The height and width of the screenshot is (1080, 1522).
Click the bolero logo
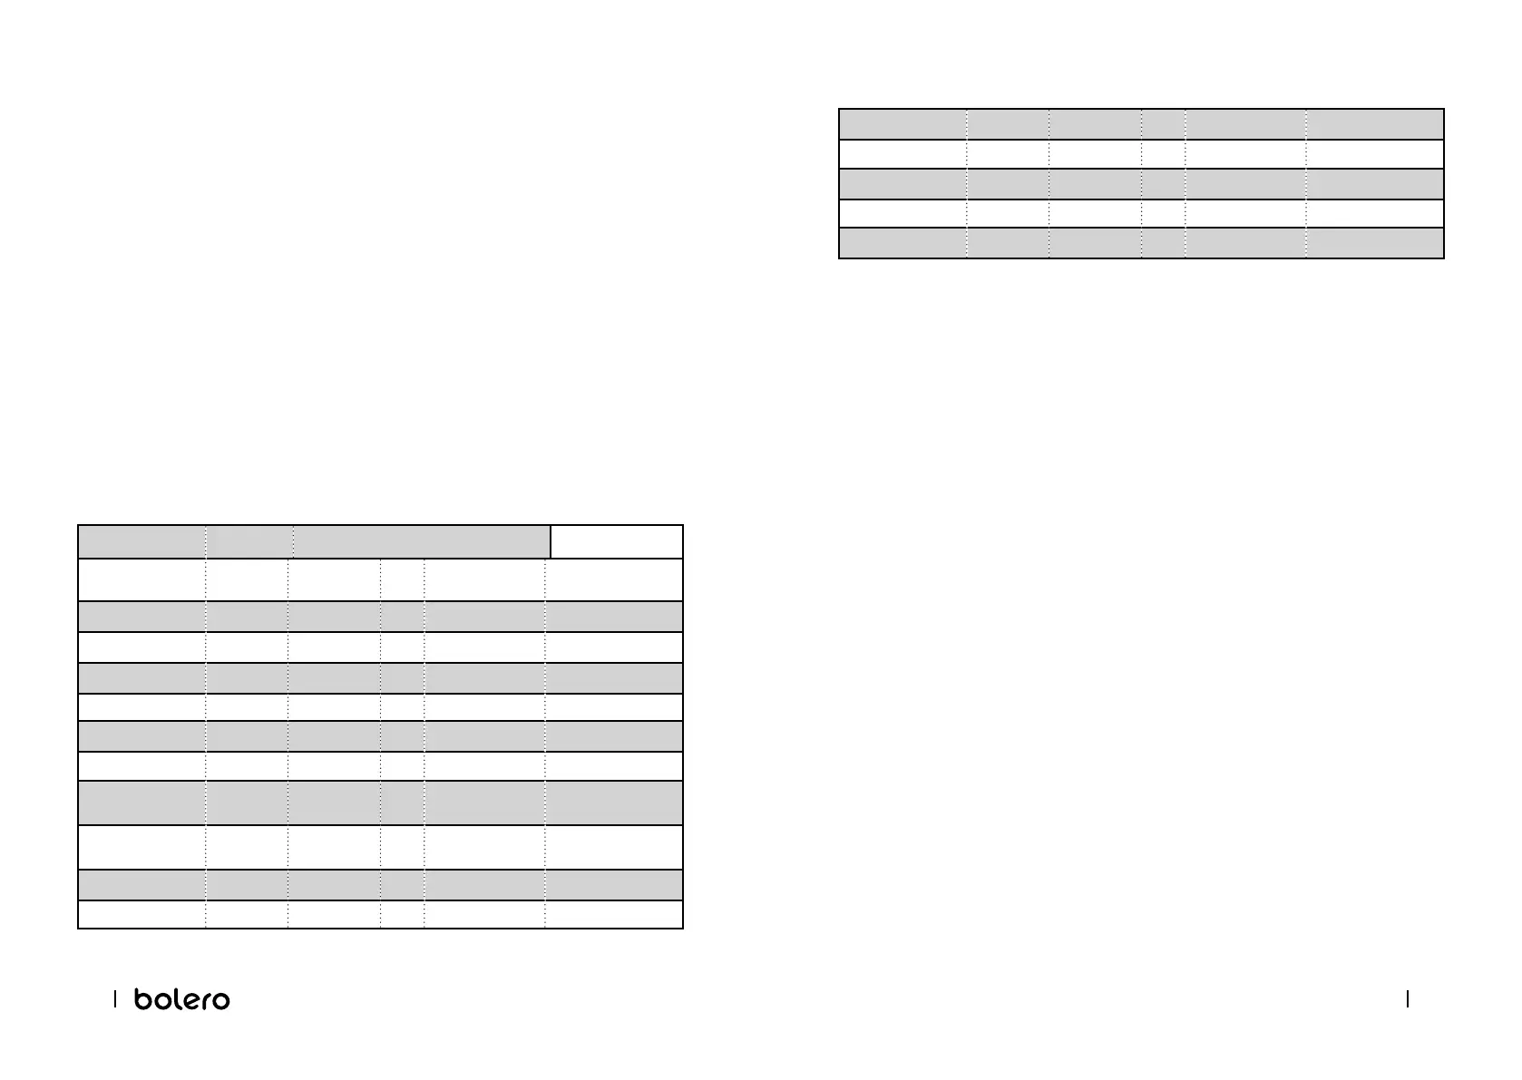[181, 999]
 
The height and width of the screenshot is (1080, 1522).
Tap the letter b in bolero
[142, 999]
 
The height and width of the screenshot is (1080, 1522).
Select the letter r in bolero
[205, 1000]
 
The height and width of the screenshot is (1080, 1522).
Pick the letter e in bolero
[188, 1000]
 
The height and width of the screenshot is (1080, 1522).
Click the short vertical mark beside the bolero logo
[115, 999]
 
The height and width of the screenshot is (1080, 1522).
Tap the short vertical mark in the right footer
[1407, 999]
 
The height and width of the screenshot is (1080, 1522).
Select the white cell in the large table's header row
[617, 541]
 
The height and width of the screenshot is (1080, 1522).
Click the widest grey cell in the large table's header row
[422, 541]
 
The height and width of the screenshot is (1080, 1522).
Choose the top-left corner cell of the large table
[141, 541]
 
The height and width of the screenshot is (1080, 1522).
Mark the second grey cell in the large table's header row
[249, 541]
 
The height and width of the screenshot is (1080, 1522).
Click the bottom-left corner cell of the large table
[141, 914]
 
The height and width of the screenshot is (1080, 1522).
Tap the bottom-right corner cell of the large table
[614, 914]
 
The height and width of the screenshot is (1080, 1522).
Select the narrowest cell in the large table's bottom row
[402, 914]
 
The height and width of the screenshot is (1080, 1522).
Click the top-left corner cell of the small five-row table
[902, 124]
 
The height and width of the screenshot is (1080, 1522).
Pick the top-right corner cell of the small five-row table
[1374, 124]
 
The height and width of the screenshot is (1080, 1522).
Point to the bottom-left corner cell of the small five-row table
[902, 243]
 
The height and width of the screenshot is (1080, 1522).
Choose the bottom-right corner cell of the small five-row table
[1374, 243]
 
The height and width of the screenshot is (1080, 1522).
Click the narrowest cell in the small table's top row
[1163, 124]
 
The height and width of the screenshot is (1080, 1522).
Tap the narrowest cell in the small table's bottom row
[1163, 243]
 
